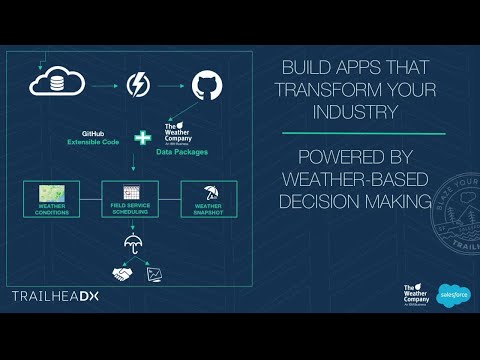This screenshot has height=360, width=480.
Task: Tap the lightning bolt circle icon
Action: click(138, 84)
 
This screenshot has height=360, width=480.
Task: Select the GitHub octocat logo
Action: click(204, 84)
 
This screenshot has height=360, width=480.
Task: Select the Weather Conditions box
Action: click(51, 196)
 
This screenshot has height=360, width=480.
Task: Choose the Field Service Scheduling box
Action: click(130, 196)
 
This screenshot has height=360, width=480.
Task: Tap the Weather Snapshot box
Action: click(208, 196)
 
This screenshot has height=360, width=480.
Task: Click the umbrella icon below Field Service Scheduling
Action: click(131, 240)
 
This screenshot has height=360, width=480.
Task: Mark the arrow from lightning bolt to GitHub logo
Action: click(172, 84)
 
